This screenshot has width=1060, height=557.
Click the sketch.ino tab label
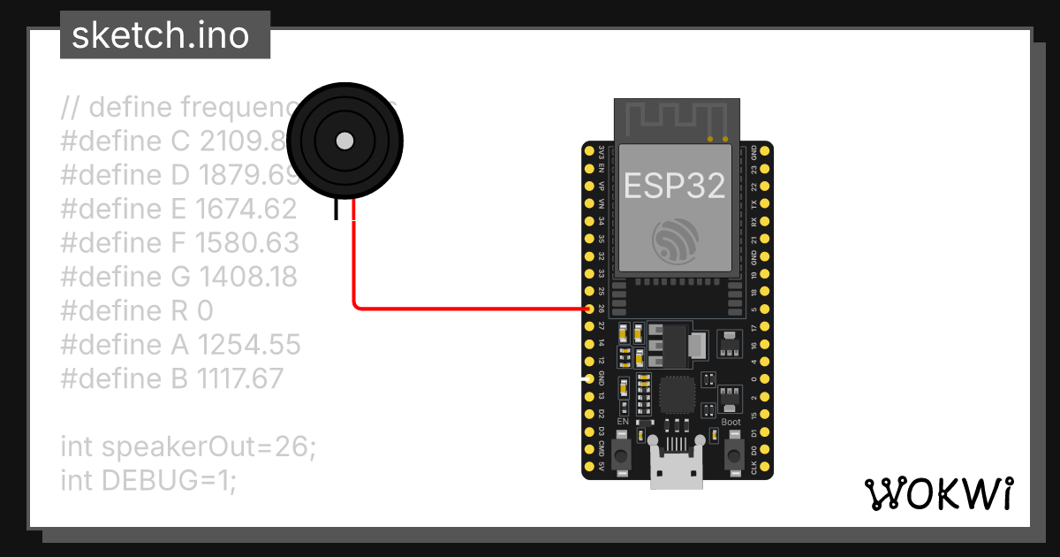point(159,35)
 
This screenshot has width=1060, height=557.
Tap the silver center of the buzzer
point(345,141)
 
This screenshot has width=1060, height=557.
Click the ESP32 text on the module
point(675,185)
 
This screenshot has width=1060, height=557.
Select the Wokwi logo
point(938,493)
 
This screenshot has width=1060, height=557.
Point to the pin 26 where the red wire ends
point(589,309)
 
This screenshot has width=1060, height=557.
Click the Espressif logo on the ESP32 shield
point(676,240)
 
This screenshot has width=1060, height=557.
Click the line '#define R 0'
point(137,310)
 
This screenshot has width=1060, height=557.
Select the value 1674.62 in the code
point(246,209)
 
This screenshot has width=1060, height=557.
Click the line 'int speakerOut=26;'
point(187,446)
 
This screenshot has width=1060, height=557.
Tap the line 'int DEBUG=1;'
point(148,480)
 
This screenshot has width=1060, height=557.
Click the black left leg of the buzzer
point(336,210)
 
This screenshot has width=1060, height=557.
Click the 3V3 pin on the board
point(589,151)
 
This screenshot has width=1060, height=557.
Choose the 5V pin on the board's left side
point(589,466)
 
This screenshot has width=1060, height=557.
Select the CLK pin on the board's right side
point(765,466)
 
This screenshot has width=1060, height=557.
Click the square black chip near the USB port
point(677,395)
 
